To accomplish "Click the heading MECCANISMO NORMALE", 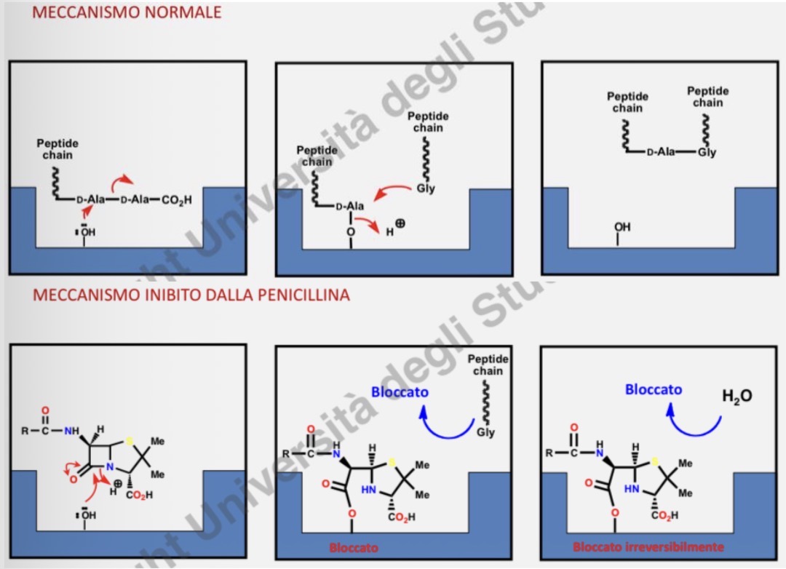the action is [127, 12].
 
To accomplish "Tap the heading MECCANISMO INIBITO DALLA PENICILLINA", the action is [191, 295].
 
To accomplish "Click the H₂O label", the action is [737, 397].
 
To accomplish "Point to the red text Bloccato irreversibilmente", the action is [648, 546].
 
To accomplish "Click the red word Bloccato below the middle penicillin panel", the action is [354, 547].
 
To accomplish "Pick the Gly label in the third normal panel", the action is [707, 153].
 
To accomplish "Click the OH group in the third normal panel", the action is [622, 228].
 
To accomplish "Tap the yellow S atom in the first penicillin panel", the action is [128, 440].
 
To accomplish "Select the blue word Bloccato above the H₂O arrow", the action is [654, 389].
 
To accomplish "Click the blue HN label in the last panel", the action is [630, 490].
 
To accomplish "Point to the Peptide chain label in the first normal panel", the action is [57, 149].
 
